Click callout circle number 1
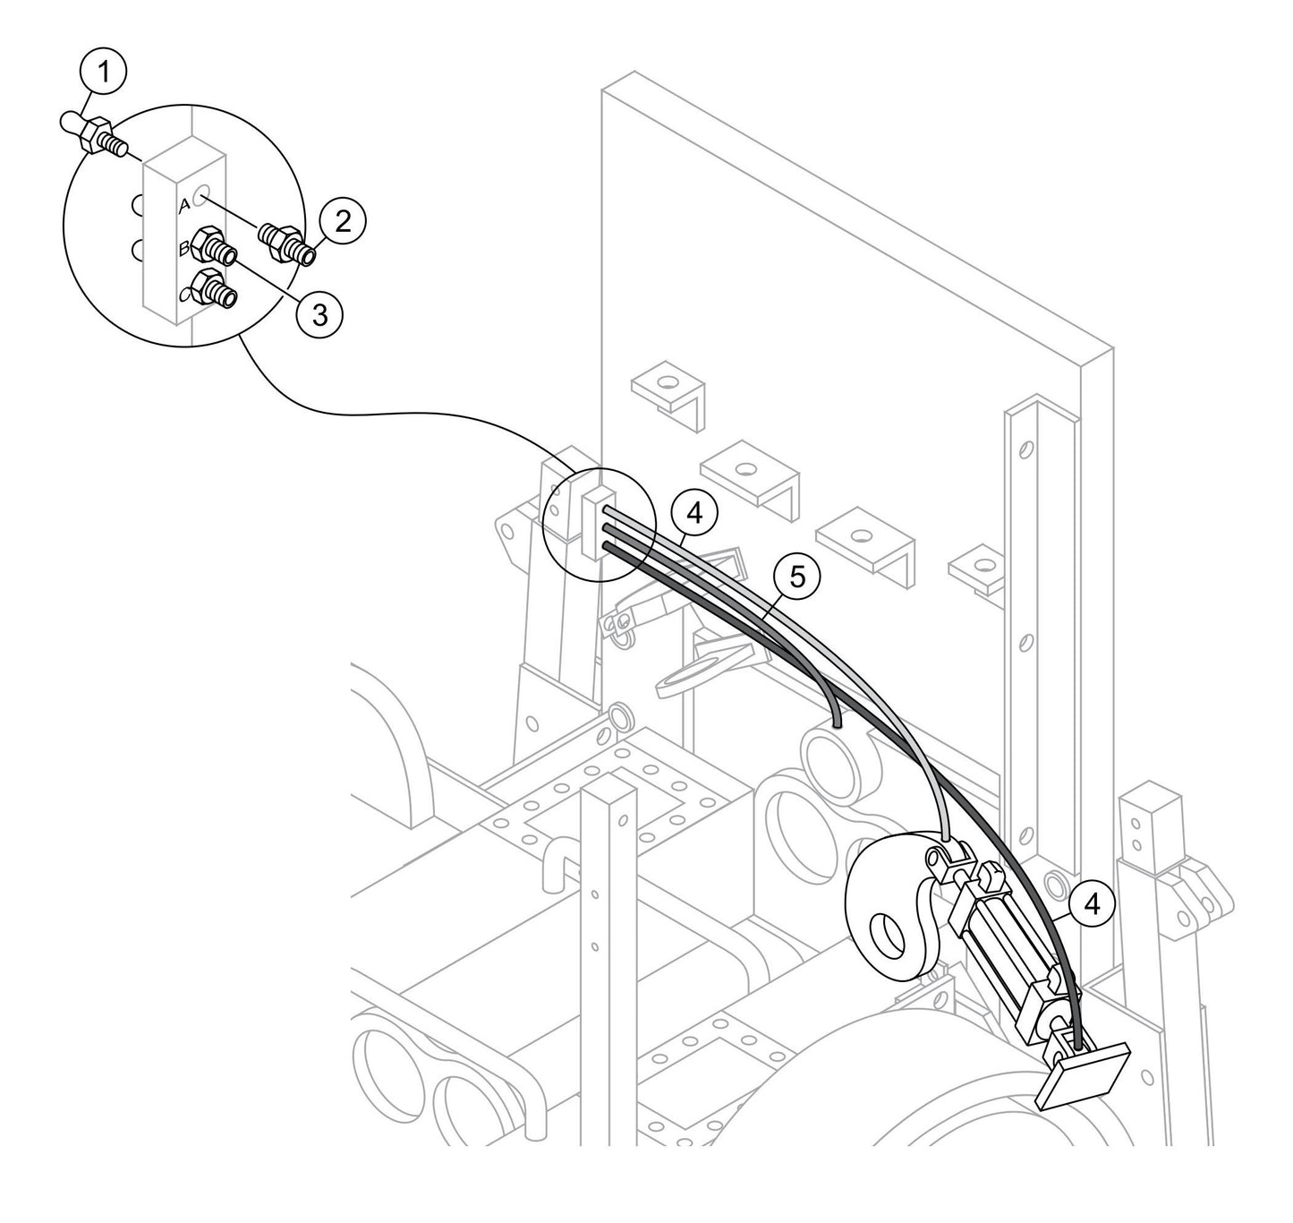click(x=105, y=73)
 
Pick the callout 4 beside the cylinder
click(x=1091, y=904)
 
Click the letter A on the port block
click(x=184, y=206)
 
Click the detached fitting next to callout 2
click(x=285, y=243)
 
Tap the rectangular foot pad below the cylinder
click(x=1084, y=1074)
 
